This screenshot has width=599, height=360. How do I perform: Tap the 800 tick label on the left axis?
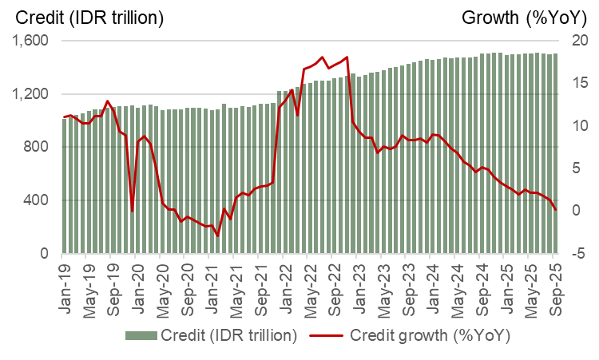click(36, 148)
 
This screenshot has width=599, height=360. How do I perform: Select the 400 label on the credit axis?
click(36, 200)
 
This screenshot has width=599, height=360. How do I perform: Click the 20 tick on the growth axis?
click(580, 42)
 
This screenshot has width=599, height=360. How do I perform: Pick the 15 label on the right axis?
click(580, 84)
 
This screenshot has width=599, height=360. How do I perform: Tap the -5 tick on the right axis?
click(580, 254)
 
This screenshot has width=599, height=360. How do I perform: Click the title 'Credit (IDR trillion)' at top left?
click(89, 17)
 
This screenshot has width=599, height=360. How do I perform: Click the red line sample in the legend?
click(329, 334)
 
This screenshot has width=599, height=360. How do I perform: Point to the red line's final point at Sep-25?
click(556, 210)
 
